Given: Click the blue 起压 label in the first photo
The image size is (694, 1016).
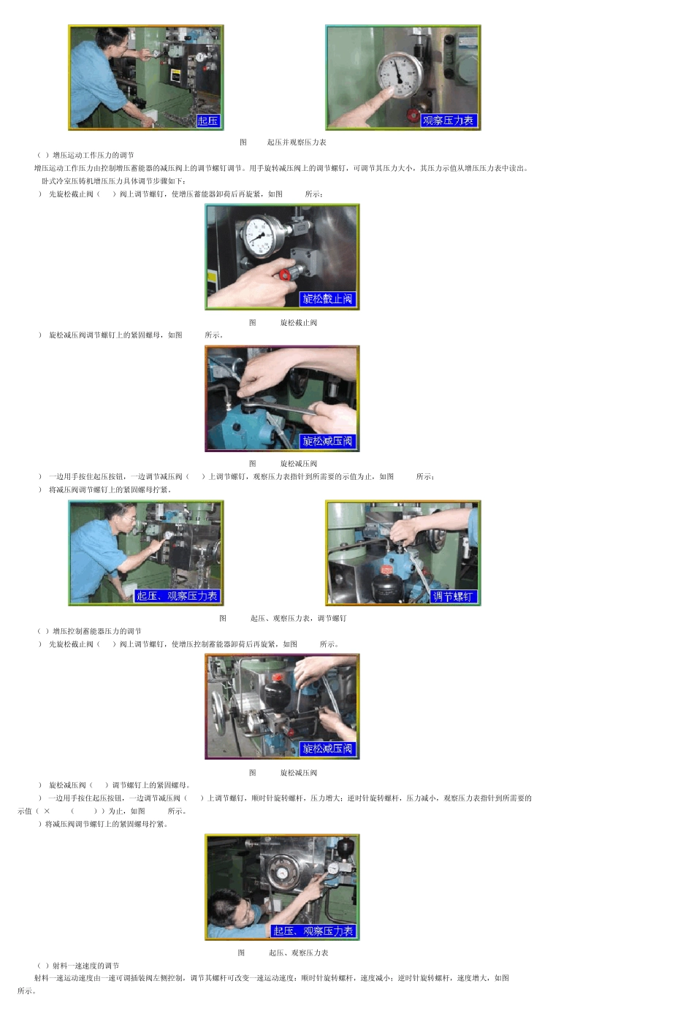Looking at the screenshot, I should coord(207,121).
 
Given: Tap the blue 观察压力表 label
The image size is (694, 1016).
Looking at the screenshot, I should coord(448,121).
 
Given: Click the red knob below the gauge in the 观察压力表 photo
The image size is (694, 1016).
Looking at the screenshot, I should coord(413,115).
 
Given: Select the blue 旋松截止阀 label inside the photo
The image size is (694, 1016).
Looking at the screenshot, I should coord(327,299).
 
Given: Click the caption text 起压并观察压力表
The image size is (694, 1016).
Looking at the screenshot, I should coord(297,142).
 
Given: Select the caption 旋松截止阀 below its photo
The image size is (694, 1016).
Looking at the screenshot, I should coord(299,323).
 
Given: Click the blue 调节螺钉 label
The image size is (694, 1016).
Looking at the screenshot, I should coord(453,597).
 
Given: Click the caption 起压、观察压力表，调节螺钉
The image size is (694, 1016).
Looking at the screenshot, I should coord(298,619).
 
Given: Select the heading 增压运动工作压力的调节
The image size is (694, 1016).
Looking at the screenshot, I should coord(93,156).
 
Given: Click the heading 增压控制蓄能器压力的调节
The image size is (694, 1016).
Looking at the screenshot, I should coord(96,632).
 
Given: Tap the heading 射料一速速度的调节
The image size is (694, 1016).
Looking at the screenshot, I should coord(85,966).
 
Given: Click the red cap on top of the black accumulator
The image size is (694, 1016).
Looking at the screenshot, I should coord(277,676).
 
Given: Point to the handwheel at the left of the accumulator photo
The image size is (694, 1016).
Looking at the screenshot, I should coord(219,706).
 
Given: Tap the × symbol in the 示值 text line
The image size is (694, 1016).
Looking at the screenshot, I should coord(47,811).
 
